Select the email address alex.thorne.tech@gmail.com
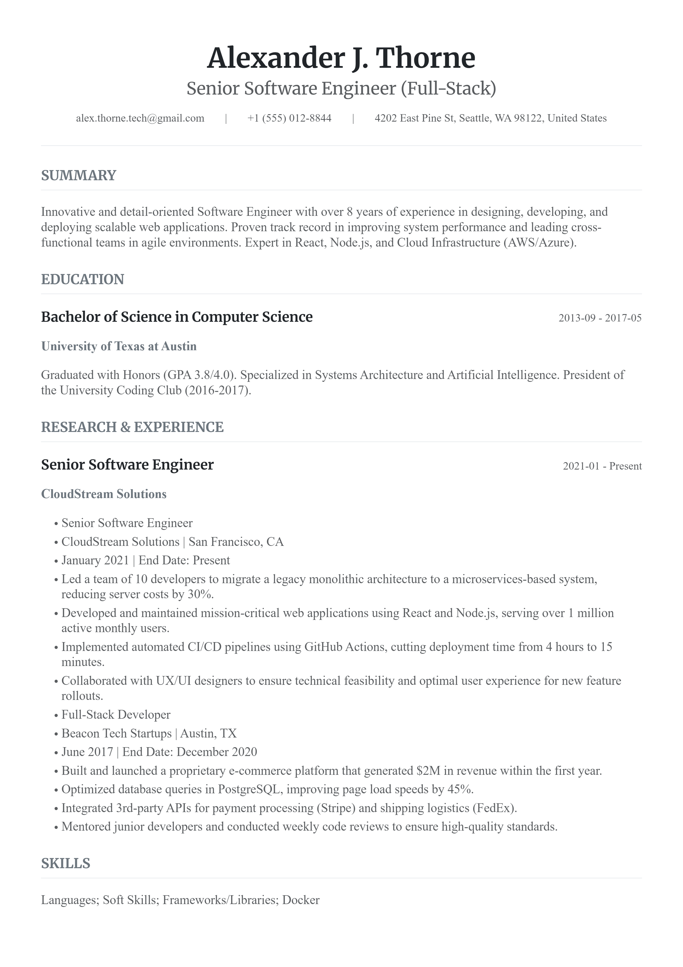[140, 118]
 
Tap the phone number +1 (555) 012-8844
[289, 118]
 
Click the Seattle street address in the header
[490, 118]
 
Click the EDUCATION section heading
[83, 280]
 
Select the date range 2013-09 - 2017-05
[600, 318]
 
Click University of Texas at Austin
[119, 346]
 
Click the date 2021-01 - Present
[602, 466]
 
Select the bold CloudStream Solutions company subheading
[104, 494]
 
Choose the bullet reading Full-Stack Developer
[116, 714]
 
